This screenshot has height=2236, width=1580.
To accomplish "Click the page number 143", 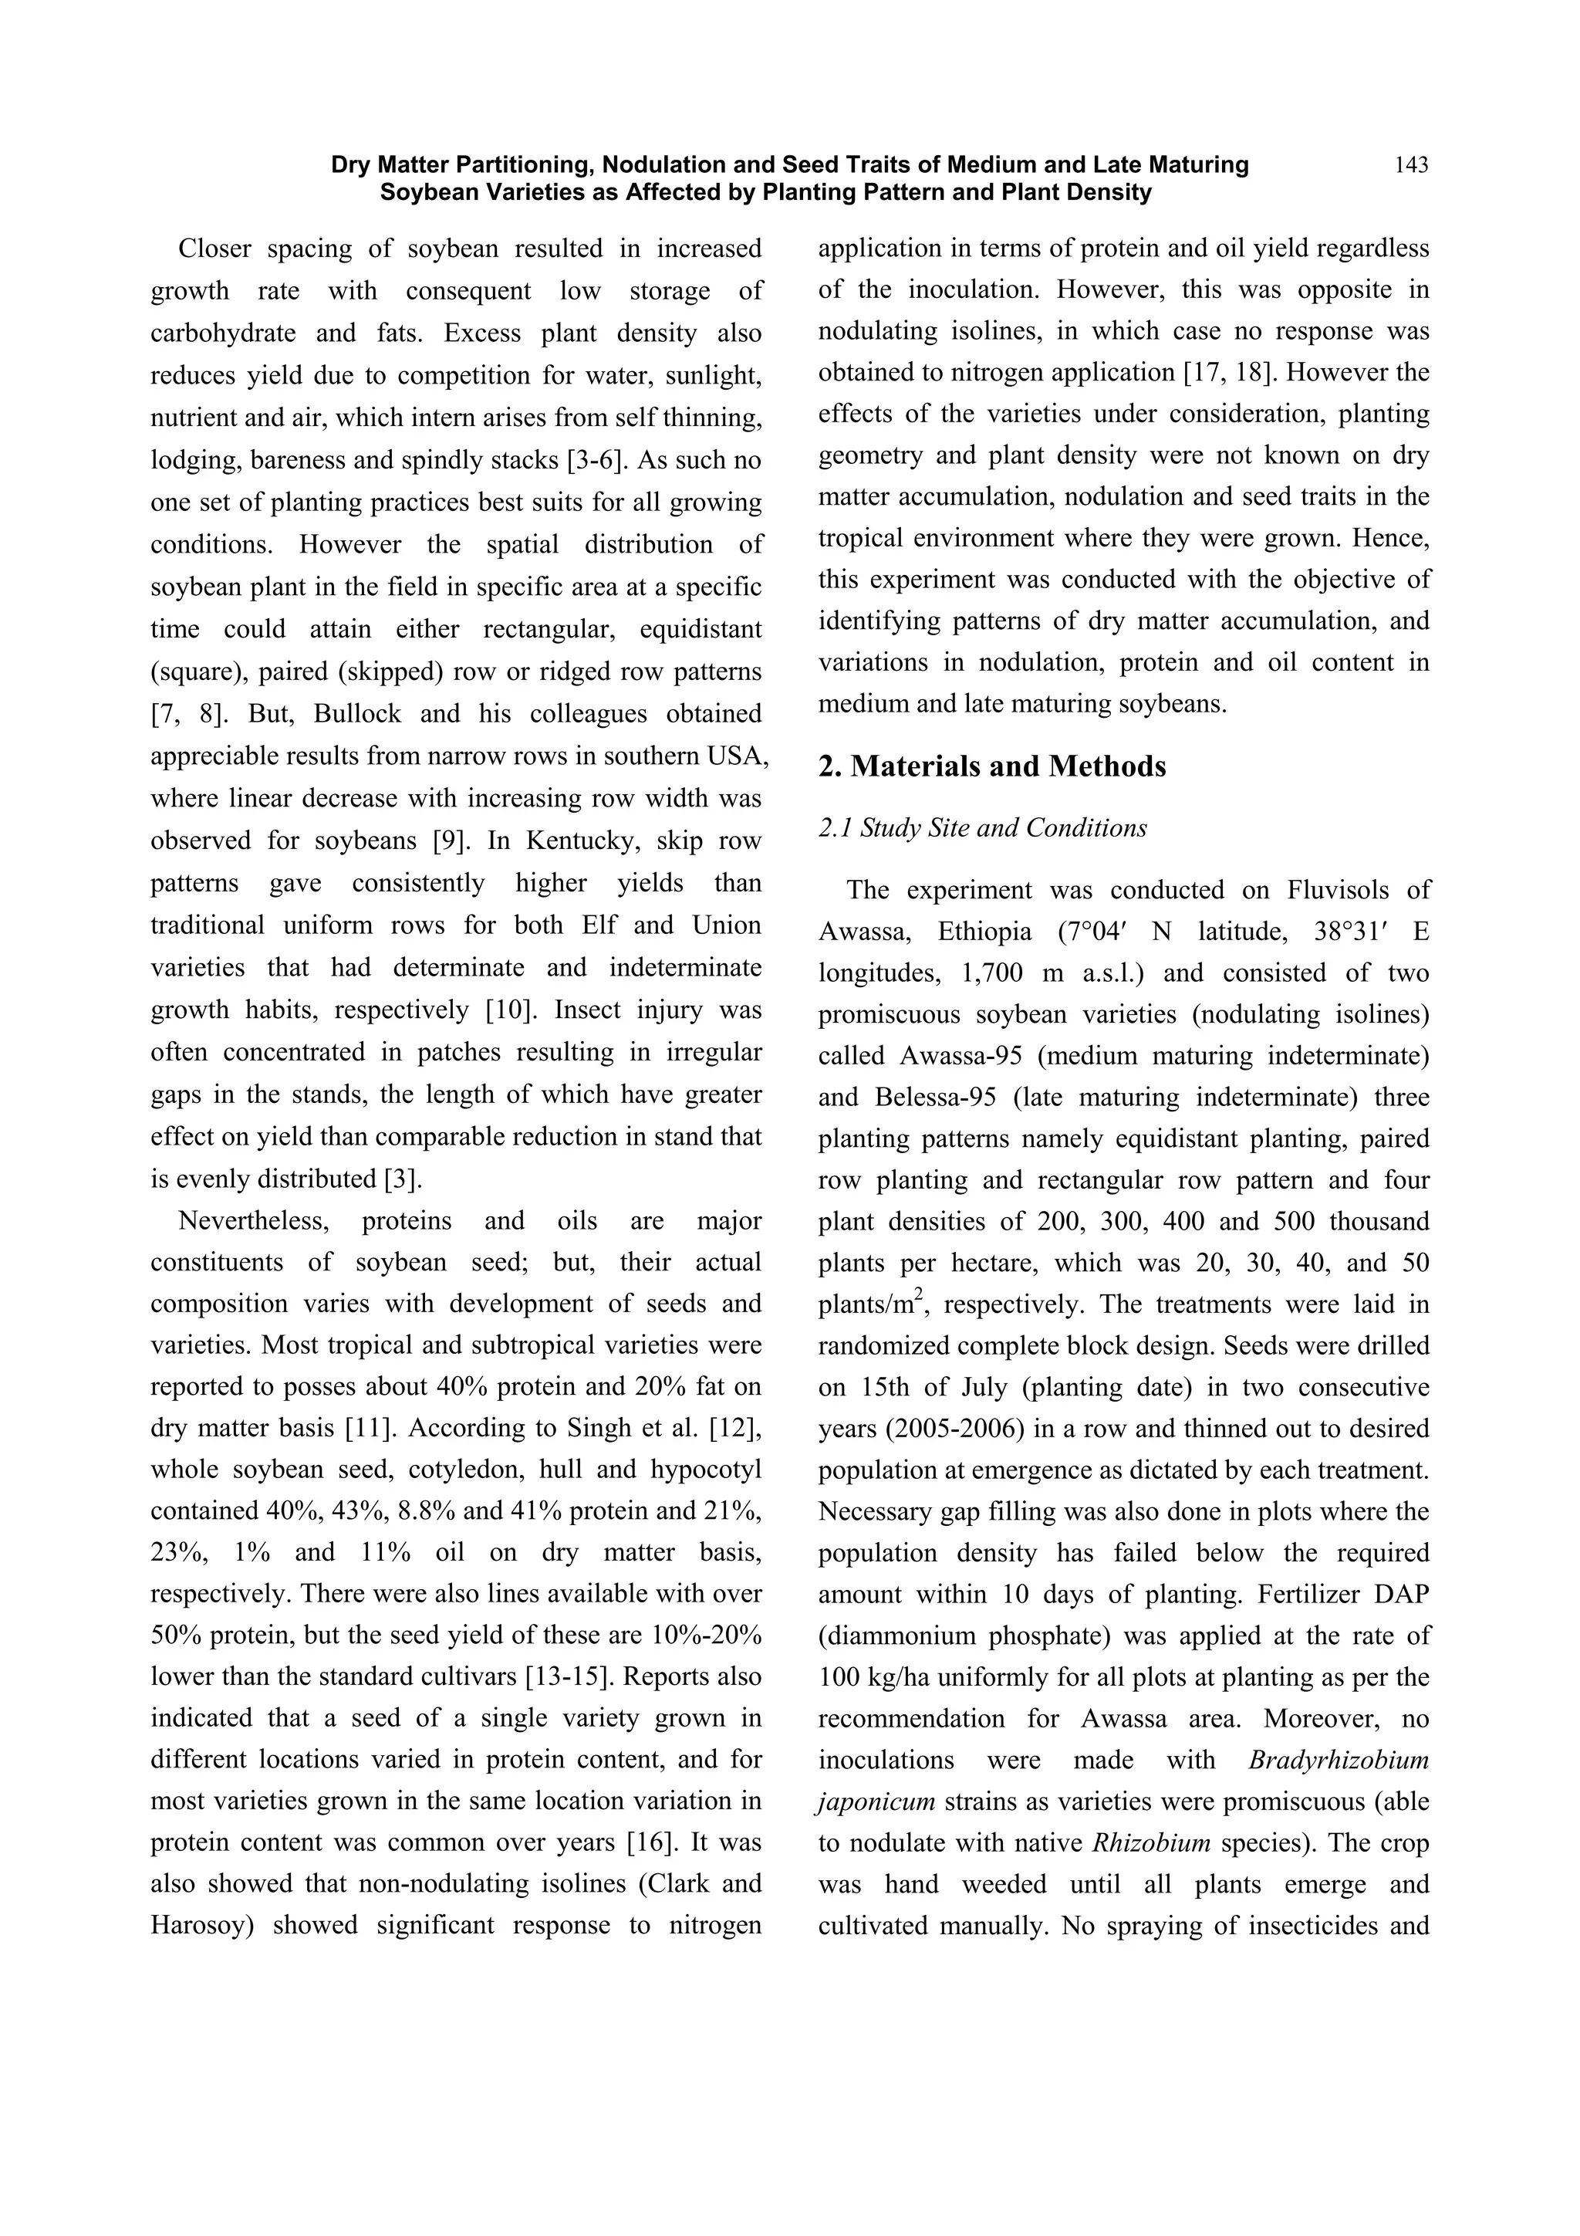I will tap(1410, 165).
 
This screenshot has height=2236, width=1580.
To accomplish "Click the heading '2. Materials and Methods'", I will tap(991, 766).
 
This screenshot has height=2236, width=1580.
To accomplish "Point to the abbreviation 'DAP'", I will tap(1401, 1595).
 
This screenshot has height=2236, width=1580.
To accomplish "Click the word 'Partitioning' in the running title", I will tap(518, 165).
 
